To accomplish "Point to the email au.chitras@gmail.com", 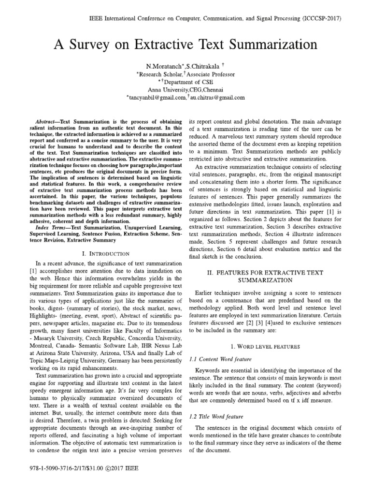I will (x=217, y=97).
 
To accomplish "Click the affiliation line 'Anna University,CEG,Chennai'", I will (x=185, y=89).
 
